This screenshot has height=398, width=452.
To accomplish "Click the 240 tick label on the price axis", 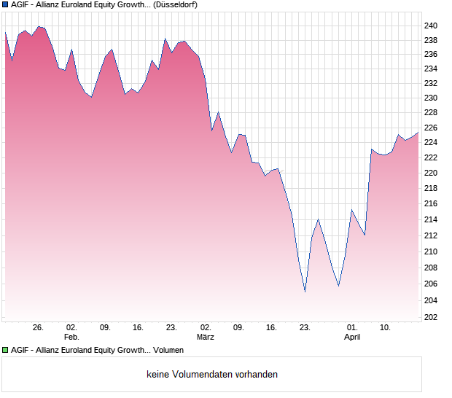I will click(x=432, y=26).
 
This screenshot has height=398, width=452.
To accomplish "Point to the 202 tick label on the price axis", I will click(x=432, y=317).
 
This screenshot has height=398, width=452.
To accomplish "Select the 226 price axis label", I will click(x=432, y=128).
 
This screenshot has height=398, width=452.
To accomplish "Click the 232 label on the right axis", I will click(x=432, y=83).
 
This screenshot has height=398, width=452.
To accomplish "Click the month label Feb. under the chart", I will click(x=71, y=337).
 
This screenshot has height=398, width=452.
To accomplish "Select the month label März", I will click(x=206, y=337).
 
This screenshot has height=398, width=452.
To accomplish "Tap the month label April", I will click(x=352, y=337).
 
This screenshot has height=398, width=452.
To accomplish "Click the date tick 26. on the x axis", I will click(x=39, y=328).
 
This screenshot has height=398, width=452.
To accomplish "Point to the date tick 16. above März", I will click(x=272, y=328).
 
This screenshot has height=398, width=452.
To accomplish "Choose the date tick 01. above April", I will click(x=352, y=328).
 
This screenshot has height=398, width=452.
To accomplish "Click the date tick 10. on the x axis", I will click(x=386, y=328).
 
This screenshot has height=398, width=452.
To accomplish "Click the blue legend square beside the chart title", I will click(x=5, y=4).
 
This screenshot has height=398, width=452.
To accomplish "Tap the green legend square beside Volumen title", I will click(x=5, y=351).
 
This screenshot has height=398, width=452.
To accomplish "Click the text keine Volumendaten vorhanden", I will click(x=212, y=375).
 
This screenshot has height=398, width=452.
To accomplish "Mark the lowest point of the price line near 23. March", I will click(x=305, y=292).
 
